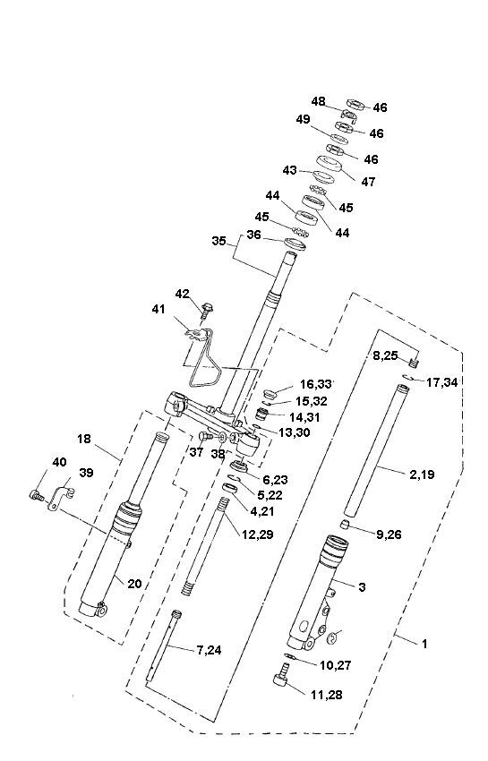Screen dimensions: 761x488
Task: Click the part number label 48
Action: [x=319, y=101]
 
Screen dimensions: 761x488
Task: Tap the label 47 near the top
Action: [x=368, y=181]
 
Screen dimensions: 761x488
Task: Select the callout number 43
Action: [x=289, y=170]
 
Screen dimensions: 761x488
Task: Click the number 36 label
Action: [x=254, y=235]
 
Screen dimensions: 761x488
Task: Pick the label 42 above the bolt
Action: [x=182, y=294]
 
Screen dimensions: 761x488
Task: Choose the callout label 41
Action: [x=159, y=310]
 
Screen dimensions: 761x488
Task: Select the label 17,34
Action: [x=442, y=382]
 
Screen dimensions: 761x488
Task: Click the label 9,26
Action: [x=390, y=534]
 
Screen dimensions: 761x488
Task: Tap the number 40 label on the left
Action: [x=59, y=462]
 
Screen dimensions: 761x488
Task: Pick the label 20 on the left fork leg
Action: [x=134, y=584]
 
